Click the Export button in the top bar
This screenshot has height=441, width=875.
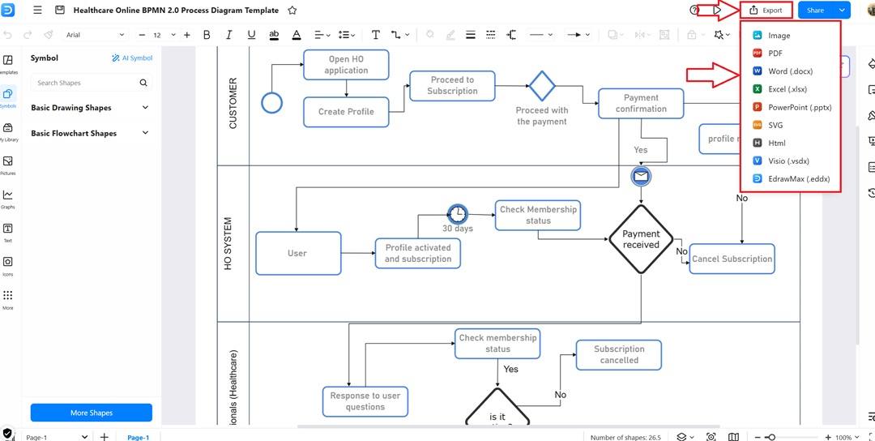766,11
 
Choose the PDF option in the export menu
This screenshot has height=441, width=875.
775,54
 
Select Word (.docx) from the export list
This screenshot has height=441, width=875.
790,71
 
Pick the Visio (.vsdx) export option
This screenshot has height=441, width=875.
788,161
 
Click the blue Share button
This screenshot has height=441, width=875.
815,11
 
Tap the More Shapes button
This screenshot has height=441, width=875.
91,413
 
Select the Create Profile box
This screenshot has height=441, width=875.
346,112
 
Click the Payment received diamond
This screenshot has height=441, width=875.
641,239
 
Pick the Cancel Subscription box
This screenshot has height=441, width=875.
732,259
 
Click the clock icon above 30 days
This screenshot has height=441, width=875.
458,213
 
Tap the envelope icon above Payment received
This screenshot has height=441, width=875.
641,176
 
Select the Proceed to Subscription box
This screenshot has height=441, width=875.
452,86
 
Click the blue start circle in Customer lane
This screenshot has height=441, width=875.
272,103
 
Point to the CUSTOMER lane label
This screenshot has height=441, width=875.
233,104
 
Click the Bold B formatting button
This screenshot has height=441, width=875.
207,35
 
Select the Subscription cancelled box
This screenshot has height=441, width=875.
619,355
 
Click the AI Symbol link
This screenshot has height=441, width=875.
131,58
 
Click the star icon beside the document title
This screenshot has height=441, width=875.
292,11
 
